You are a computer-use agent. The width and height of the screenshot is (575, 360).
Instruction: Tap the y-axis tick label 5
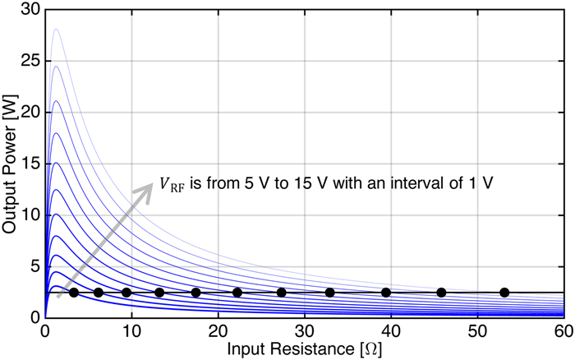pyautogui.click(x=34, y=265)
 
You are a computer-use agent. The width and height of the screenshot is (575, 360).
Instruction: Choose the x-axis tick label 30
pyautogui.click(x=305, y=330)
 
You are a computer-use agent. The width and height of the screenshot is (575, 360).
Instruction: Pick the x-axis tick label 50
pyautogui.click(x=477, y=330)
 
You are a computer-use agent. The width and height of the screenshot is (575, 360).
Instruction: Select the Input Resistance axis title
pyautogui.click(x=305, y=348)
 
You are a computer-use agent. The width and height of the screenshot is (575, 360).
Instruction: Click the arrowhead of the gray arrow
pyautogui.click(x=148, y=187)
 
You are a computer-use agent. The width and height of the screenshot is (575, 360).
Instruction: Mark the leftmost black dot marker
pyautogui.click(x=74, y=292)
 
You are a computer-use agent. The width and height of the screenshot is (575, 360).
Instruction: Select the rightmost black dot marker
pyautogui.click(x=504, y=292)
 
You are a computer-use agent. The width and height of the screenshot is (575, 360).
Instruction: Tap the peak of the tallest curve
pyautogui.click(x=56, y=30)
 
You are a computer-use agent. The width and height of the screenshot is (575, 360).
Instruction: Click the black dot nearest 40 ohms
pyautogui.click(x=385, y=292)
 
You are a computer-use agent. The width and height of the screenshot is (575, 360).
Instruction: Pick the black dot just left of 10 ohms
pyautogui.click(x=126, y=292)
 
